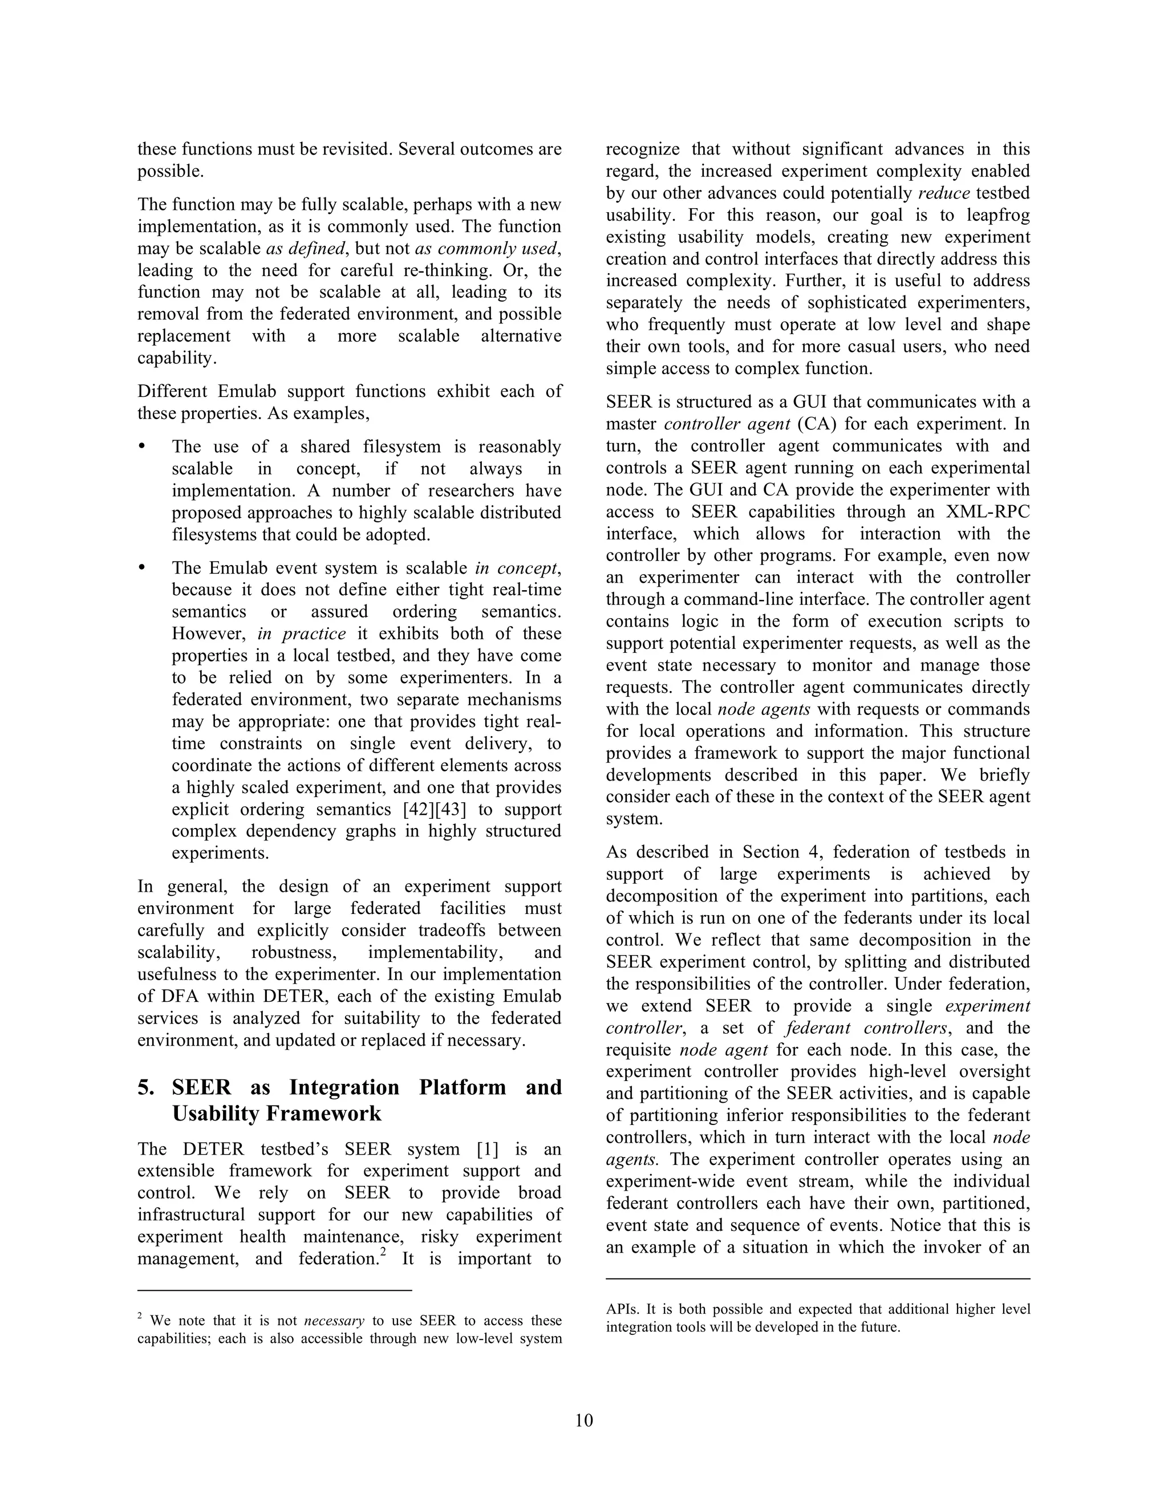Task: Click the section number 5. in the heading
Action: pos(147,1087)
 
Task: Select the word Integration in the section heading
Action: pos(344,1087)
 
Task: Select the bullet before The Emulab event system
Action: pos(143,568)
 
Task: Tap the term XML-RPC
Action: pos(989,511)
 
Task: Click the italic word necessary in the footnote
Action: pos(334,1320)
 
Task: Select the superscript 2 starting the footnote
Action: pos(140,1316)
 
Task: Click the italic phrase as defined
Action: pos(305,249)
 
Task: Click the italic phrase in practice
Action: pos(301,633)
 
